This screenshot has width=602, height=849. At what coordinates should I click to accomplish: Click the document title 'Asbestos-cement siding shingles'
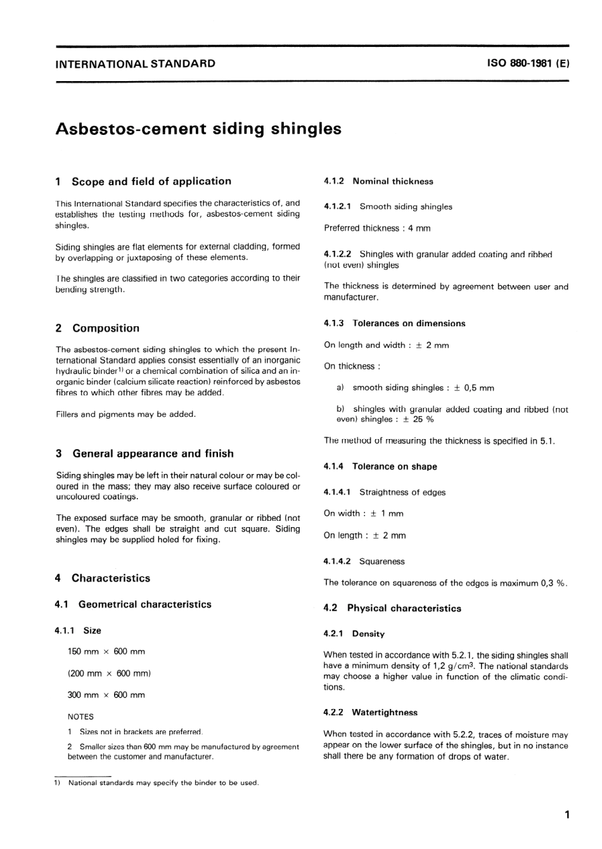pos(198,129)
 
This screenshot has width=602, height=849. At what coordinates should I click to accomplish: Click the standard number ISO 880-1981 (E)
pos(528,63)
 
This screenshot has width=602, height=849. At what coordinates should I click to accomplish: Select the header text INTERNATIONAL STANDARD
pos(136,63)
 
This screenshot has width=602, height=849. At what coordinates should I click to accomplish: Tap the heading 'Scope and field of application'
pos(151,181)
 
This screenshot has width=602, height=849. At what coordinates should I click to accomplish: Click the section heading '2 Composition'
pos(98,328)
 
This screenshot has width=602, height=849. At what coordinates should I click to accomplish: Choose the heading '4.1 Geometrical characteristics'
pos(134,604)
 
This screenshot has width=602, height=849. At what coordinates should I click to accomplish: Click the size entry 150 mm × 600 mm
pos(106,651)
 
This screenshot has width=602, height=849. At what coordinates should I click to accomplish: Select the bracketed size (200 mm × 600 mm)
pos(109,673)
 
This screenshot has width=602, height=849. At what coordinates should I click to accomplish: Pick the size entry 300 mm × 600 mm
pos(106,695)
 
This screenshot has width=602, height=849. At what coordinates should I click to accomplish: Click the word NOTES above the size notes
pos(80,717)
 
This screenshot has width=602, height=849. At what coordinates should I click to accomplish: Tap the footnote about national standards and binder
pos(163,782)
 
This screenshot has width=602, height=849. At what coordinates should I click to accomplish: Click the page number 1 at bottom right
pos(567,814)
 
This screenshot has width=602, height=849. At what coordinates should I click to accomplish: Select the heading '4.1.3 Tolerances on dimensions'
pos(394,323)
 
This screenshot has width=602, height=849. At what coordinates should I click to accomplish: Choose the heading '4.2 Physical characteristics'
pos(392,608)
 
